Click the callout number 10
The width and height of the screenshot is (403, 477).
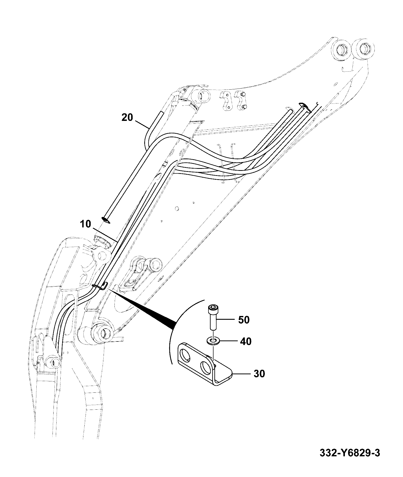pos(86,224)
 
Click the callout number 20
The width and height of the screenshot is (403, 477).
pos(127,117)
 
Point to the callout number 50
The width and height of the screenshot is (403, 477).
pos(244,320)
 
